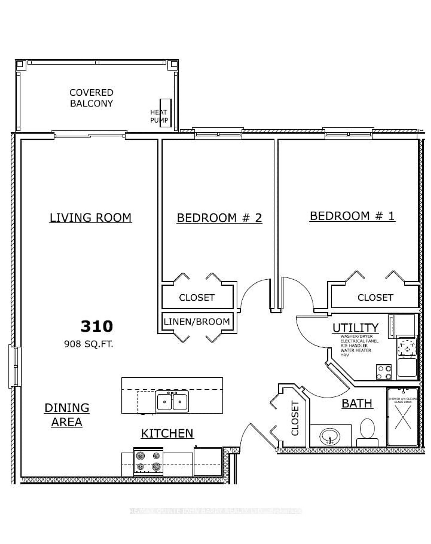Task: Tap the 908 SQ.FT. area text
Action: pyautogui.click(x=89, y=344)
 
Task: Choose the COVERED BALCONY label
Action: pyautogui.click(x=91, y=98)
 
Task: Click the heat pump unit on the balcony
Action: pyautogui.click(x=166, y=113)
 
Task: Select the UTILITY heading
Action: pyautogui.click(x=355, y=328)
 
